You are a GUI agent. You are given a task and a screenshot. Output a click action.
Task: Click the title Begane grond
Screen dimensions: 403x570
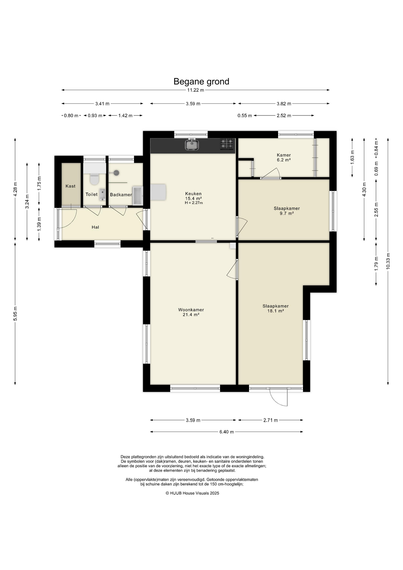(x=201, y=82)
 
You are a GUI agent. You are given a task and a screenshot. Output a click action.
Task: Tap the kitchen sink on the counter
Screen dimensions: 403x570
(x=192, y=145)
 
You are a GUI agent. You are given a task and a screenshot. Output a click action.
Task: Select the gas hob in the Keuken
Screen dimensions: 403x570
(x=227, y=144)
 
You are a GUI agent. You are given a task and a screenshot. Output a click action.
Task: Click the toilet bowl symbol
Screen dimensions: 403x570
(x=94, y=179)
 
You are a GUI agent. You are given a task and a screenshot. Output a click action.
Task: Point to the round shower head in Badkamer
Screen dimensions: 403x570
(x=116, y=172)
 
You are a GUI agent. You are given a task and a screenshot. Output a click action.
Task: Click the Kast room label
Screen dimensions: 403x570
(x=71, y=186)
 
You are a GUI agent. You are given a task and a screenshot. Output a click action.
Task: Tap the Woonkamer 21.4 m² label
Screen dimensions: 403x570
(x=191, y=312)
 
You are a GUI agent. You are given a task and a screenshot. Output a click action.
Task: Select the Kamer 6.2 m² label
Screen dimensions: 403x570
(x=284, y=157)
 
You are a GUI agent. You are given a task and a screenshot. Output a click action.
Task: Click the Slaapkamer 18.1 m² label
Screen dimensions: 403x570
(x=275, y=308)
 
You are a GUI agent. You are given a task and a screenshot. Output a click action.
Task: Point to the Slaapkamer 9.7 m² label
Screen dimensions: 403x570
(x=287, y=211)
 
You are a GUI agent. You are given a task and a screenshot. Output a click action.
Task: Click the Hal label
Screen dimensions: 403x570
(x=95, y=227)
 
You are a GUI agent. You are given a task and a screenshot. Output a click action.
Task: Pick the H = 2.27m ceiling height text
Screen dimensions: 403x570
(x=193, y=203)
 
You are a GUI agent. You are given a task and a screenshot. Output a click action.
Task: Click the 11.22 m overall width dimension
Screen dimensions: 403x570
(x=196, y=90)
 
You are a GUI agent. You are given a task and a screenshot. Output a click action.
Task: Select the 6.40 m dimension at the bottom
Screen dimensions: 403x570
(x=226, y=432)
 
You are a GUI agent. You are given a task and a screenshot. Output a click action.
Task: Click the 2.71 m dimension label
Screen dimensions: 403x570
(x=270, y=420)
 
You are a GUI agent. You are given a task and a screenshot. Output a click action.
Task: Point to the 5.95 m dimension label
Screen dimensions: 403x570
(x=15, y=313)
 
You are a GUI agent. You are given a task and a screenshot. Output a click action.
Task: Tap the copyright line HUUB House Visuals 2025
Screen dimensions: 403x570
(x=192, y=493)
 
